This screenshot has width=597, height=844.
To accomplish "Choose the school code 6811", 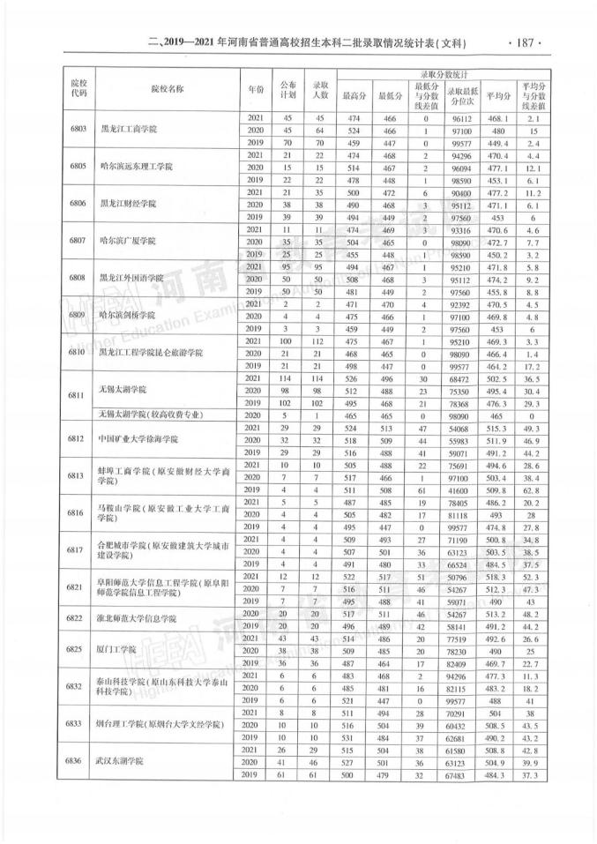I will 78,395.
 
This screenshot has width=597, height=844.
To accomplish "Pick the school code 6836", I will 78,759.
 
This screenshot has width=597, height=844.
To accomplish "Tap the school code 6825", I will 78,649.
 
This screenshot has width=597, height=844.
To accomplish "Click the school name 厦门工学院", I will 120,649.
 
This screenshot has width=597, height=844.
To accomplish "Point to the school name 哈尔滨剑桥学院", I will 131,315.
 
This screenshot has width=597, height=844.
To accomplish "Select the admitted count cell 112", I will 322,340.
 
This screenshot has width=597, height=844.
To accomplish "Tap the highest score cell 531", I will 354,735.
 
